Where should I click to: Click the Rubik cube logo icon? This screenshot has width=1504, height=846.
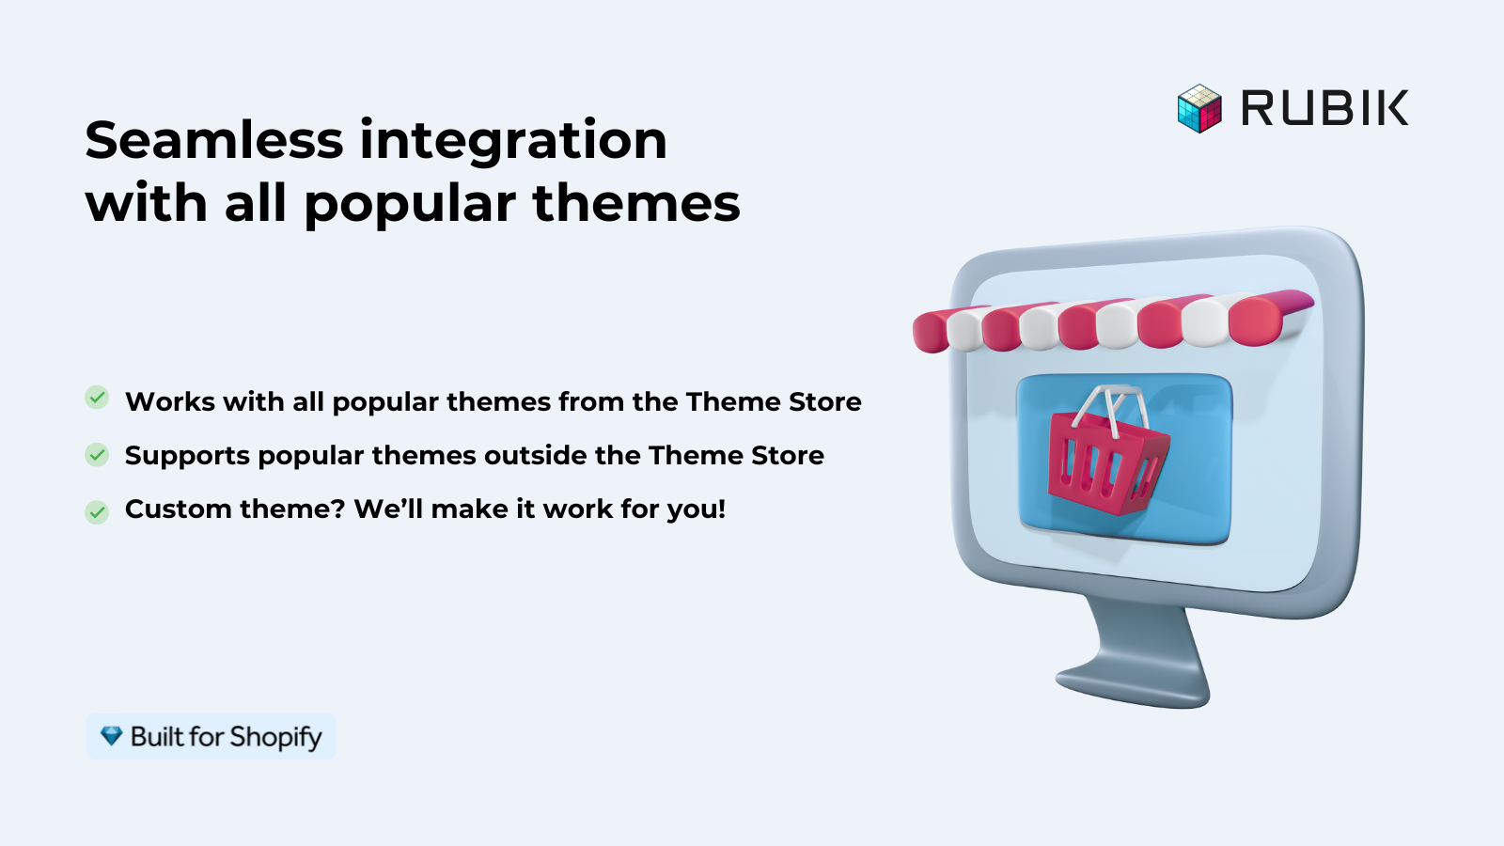click(x=1199, y=108)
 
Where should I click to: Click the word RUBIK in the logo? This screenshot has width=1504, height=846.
click(x=1324, y=108)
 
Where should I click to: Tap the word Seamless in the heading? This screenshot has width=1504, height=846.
click(x=214, y=140)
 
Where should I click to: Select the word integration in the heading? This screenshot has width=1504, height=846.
click(x=513, y=142)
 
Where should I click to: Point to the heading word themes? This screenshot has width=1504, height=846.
click(x=636, y=203)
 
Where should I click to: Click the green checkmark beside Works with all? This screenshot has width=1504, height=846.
click(x=97, y=398)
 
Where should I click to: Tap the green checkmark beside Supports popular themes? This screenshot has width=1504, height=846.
click(x=97, y=455)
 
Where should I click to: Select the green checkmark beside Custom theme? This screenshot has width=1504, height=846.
click(x=97, y=512)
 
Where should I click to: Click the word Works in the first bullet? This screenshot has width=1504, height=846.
click(x=170, y=401)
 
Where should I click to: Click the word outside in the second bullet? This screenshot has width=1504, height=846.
click(x=535, y=455)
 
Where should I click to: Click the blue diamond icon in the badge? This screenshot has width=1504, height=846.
click(x=112, y=736)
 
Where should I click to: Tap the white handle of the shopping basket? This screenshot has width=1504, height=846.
click(x=1109, y=406)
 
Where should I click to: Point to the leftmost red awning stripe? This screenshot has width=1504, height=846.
click(x=930, y=331)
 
